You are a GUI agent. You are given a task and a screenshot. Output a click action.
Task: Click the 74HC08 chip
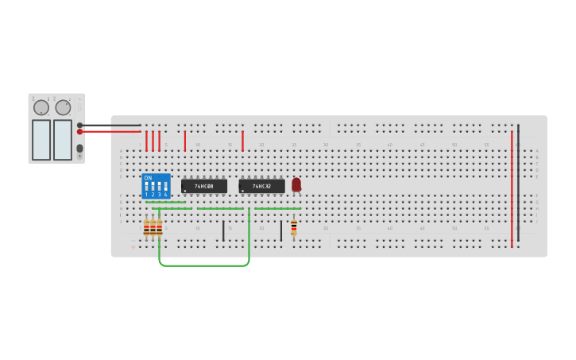[204, 186]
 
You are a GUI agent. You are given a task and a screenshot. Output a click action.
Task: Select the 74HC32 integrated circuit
[261, 186]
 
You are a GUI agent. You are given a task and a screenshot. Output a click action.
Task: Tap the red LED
[296, 184]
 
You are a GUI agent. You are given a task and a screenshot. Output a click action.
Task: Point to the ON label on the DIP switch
[148, 178]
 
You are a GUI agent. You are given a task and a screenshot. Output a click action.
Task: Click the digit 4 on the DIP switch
[165, 195]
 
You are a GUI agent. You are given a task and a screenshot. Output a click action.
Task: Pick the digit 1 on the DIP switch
[146, 195]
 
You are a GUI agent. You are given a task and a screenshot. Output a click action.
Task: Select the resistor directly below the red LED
[294, 227]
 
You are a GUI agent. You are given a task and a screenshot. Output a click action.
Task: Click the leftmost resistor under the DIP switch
[146, 228]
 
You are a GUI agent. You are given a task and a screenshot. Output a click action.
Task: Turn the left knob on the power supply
[41, 107]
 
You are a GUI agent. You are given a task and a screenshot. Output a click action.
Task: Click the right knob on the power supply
[63, 107]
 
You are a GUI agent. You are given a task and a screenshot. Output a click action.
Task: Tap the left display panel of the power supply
[41, 139]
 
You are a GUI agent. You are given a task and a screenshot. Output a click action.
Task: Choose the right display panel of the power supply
[63, 139]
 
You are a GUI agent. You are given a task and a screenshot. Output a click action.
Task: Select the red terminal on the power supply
[79, 132]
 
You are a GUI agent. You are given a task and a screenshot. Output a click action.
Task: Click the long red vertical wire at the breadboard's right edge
[512, 191]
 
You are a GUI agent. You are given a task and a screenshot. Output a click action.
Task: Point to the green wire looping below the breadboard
[204, 265]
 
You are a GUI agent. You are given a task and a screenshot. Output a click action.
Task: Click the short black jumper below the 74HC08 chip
[223, 230]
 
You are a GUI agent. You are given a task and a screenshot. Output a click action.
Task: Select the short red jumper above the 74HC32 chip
[242, 141]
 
